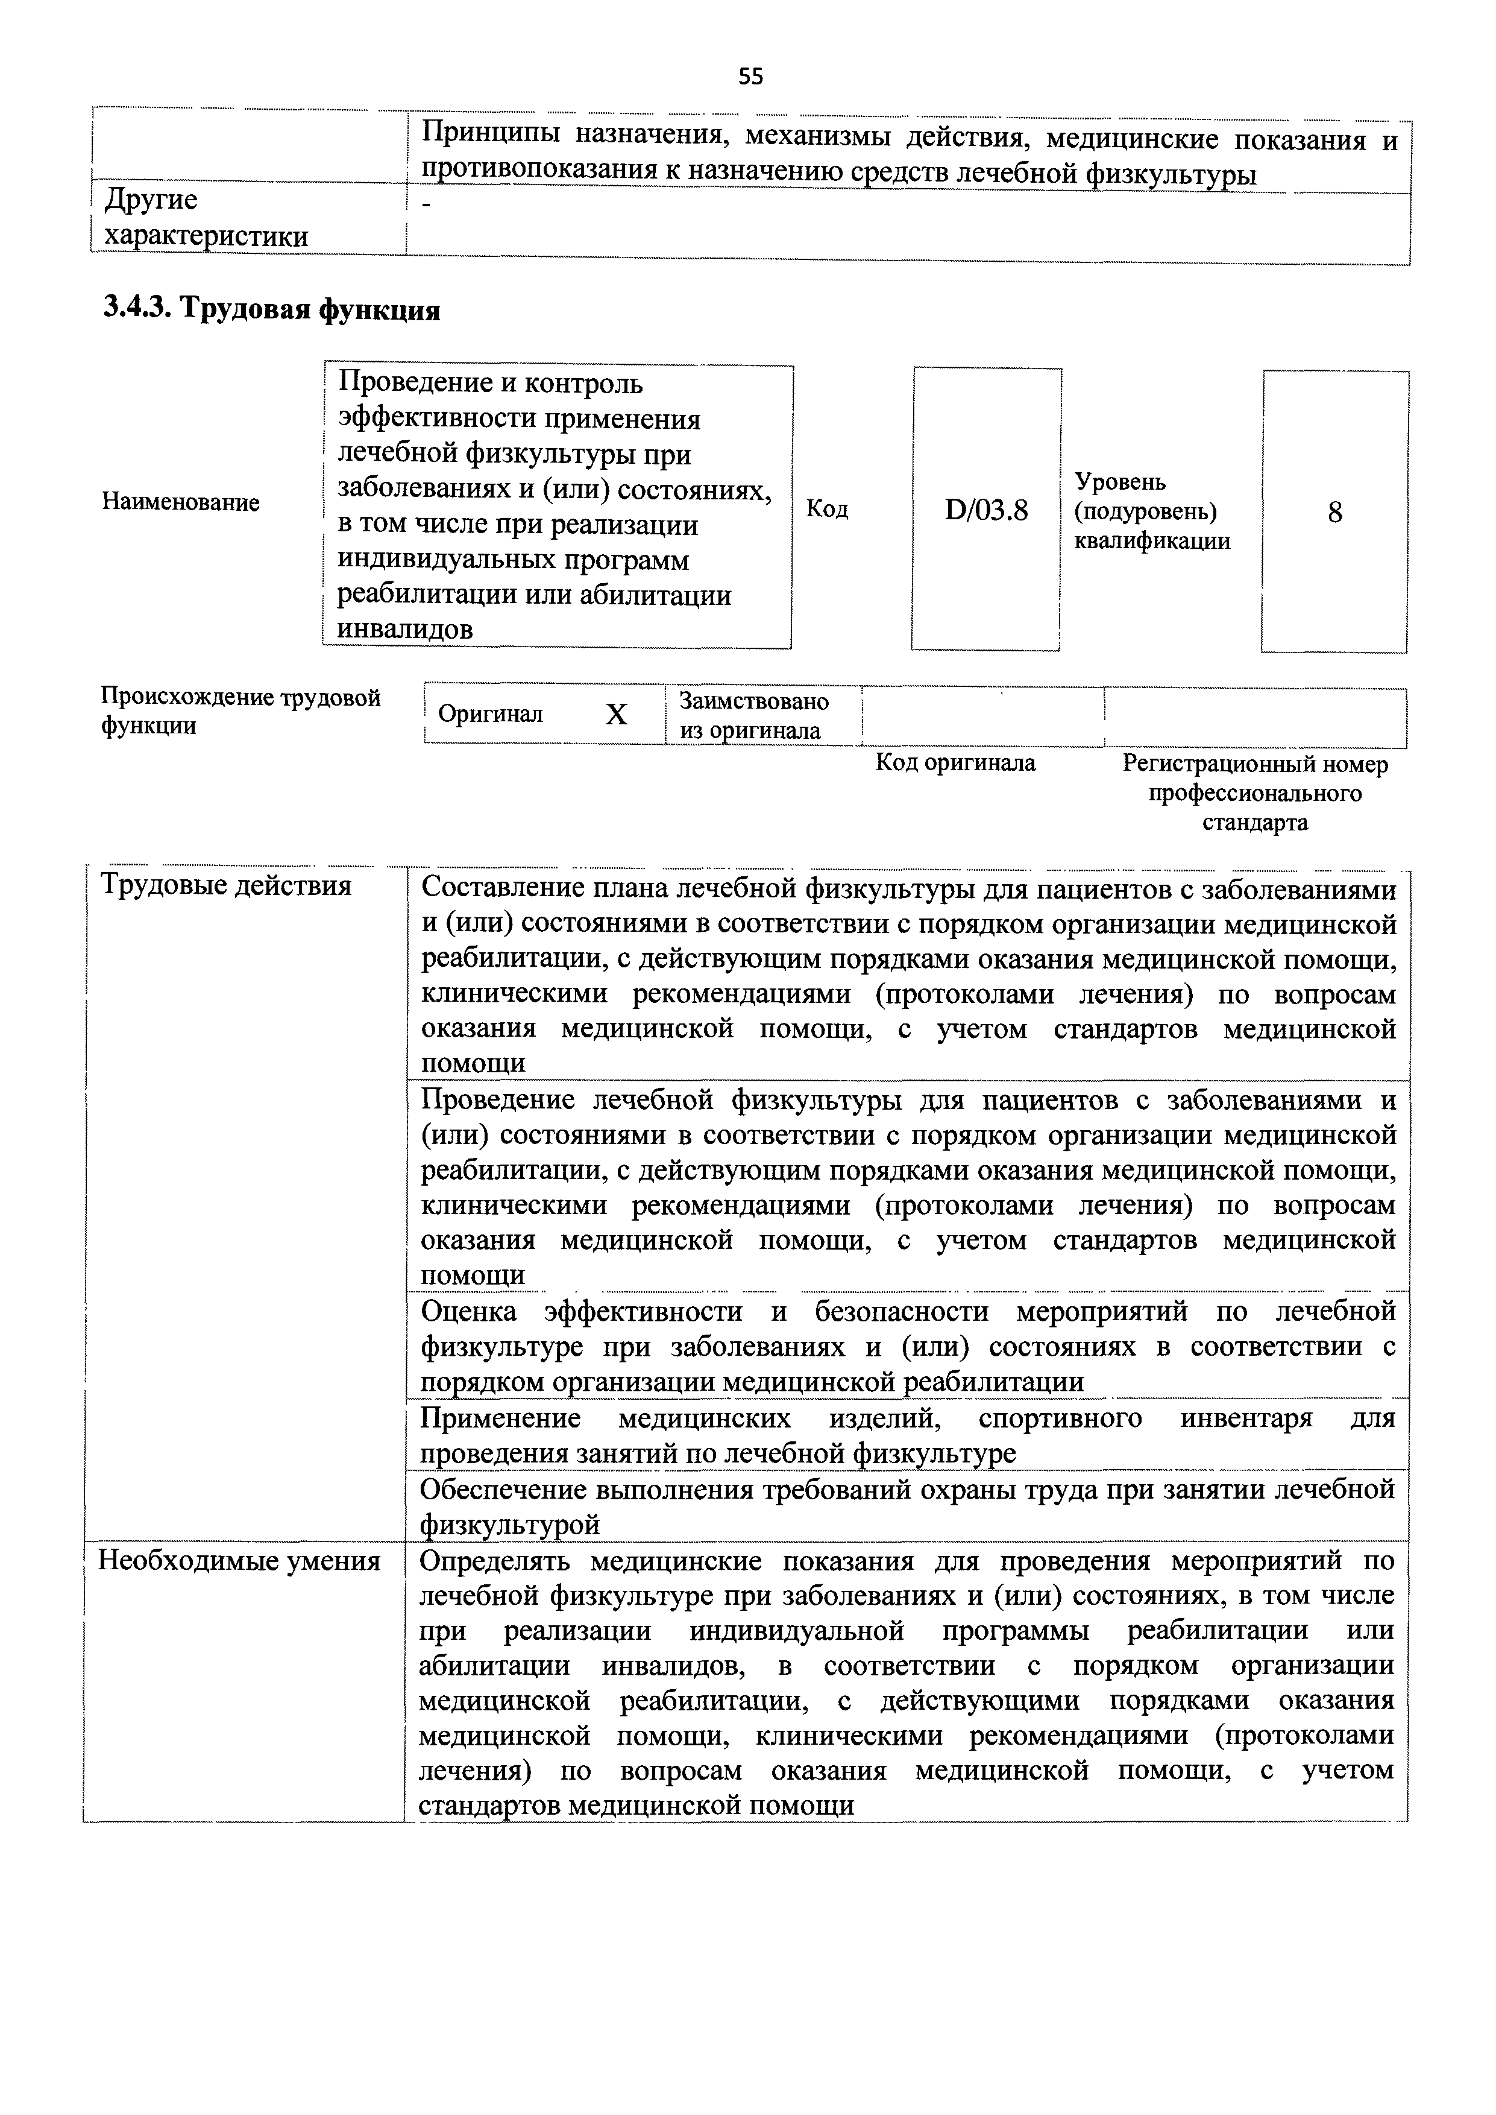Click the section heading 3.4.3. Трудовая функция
[x=272, y=309]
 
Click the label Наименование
[x=181, y=502]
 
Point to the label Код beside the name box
[x=826, y=509]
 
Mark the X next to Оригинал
[x=616, y=714]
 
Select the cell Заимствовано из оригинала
[x=753, y=715]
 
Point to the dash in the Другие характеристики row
[x=426, y=206]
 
